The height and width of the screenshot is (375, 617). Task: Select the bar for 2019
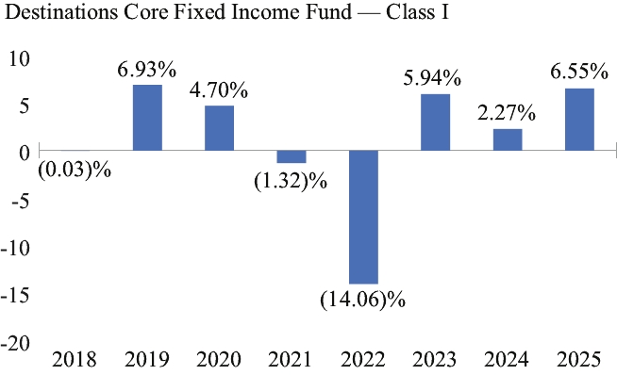[147, 118]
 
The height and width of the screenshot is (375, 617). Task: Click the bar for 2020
[219, 128]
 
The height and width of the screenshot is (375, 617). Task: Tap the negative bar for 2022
[363, 217]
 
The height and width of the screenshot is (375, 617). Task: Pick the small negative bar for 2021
[292, 156]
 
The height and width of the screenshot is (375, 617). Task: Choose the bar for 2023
[435, 122]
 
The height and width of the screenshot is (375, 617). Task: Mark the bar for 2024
[508, 139]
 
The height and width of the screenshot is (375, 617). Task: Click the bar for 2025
[579, 120]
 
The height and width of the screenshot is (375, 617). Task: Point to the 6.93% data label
[147, 70]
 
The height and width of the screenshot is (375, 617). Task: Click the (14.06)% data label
[362, 301]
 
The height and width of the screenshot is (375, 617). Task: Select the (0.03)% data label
[75, 171]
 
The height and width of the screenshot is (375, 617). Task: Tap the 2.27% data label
[507, 113]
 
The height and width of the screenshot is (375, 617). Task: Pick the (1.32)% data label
[291, 182]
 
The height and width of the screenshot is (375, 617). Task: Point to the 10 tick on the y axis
[20, 59]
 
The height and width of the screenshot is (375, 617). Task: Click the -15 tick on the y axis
[15, 296]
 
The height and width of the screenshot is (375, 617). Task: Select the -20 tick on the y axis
[15, 344]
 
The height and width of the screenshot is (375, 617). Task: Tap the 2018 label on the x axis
[74, 360]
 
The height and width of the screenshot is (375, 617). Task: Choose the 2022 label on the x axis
[363, 360]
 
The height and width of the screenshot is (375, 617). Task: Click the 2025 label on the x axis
[579, 360]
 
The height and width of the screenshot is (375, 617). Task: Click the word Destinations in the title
[61, 12]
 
